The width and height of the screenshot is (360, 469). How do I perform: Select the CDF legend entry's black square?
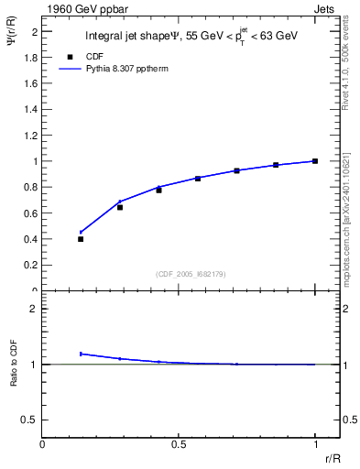(x=70, y=56)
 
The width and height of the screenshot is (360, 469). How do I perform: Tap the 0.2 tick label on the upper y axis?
(x=31, y=265)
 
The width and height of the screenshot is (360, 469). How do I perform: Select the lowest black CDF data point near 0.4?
(x=81, y=239)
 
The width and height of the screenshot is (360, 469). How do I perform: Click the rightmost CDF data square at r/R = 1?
(x=315, y=161)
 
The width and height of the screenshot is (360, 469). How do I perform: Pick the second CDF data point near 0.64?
(x=120, y=207)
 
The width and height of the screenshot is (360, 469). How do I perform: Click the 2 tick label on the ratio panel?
(x=34, y=309)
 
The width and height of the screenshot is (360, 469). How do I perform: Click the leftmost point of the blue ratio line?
(x=81, y=354)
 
